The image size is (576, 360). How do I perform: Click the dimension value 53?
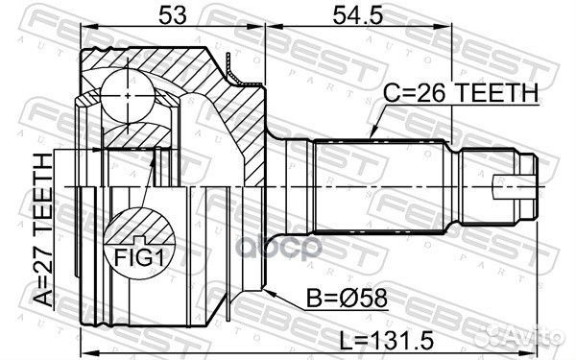coord(173,15)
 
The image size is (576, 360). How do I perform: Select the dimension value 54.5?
coord(358,15)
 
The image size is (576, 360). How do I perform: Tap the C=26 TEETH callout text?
coord(461,93)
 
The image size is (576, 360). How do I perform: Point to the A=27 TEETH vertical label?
coord(44,230)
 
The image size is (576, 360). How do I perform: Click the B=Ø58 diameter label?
coord(348,298)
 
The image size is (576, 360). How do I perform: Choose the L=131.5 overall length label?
coord(386,341)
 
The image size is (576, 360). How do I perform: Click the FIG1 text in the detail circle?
coord(138,258)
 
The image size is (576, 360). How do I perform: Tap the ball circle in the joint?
coord(128,95)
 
